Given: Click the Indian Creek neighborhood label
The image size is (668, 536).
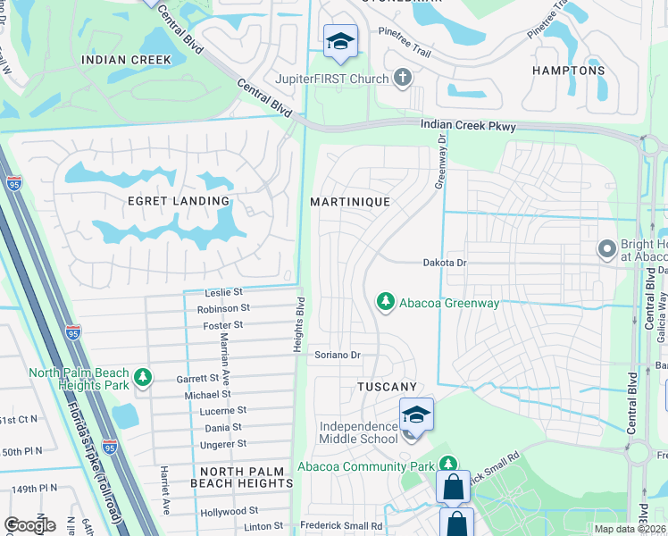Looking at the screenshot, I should tap(126, 60).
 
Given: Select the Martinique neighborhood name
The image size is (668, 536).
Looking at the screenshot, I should tap(350, 202).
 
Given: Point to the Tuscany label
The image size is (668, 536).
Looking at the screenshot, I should tap(387, 387).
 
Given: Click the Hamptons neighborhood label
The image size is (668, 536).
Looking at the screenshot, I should tap(569, 71).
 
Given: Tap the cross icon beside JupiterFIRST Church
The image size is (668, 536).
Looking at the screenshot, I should tap(403, 79).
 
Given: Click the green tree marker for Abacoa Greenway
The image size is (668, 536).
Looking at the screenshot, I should tap(386, 303).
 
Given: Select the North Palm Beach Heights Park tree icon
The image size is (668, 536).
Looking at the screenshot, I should tap(143, 379).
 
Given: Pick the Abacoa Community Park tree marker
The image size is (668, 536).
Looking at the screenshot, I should tap(446, 465).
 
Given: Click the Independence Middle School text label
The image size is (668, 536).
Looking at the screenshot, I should tap(360, 431).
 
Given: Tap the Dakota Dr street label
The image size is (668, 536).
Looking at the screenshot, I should tap(445, 263).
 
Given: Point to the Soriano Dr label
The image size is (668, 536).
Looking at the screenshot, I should tap(338, 356).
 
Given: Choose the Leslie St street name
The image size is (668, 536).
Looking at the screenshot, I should tap(224, 292).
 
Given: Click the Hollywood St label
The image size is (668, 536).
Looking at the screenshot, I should tap(230, 511).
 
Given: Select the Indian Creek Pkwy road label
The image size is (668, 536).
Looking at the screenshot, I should tap(469, 127).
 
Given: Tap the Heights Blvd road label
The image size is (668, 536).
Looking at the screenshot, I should tap(301, 324).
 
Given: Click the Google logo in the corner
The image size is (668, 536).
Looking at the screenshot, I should tap(29, 525).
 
